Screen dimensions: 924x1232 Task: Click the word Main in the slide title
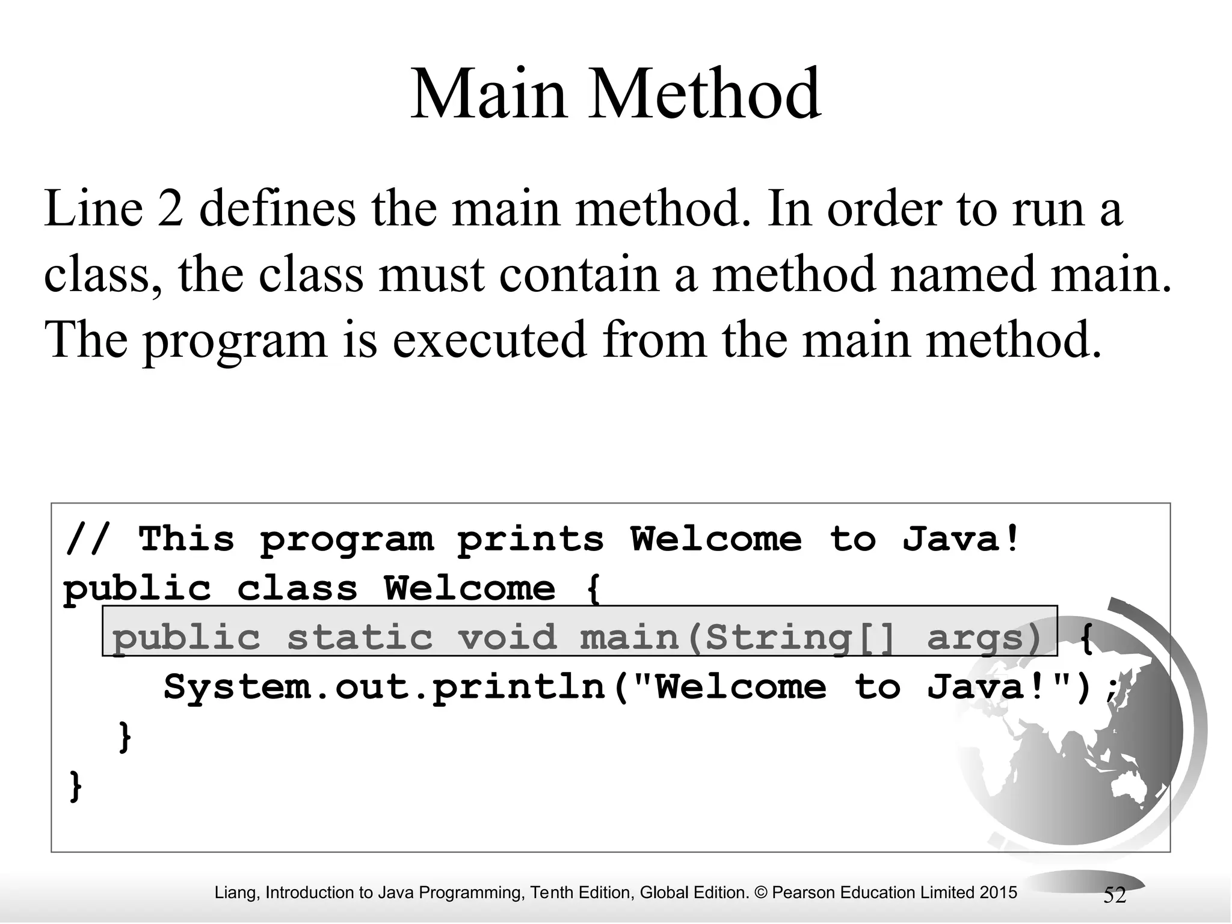coord(488,94)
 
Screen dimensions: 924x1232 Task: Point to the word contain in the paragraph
coord(579,274)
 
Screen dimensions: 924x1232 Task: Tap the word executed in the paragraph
coord(489,339)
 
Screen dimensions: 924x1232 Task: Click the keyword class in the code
coord(297,588)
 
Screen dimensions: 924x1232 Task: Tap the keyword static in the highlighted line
coord(360,638)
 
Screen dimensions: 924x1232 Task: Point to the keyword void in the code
coord(507,638)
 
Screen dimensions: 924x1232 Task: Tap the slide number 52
coord(1114,896)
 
